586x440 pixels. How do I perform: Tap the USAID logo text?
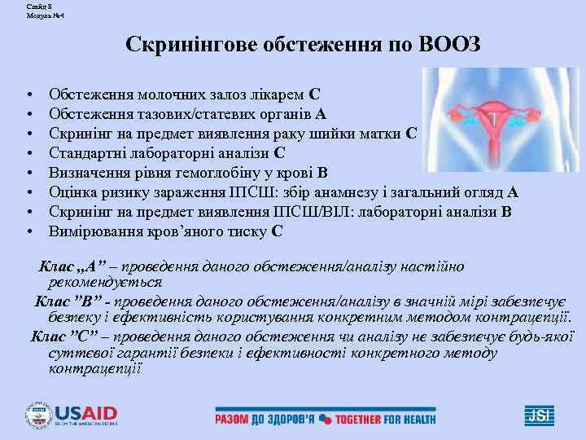click(85, 412)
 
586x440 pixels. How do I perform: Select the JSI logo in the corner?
click(540, 415)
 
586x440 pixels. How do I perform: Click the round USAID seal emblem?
click(39, 415)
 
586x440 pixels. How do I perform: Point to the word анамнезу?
click(363, 191)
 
